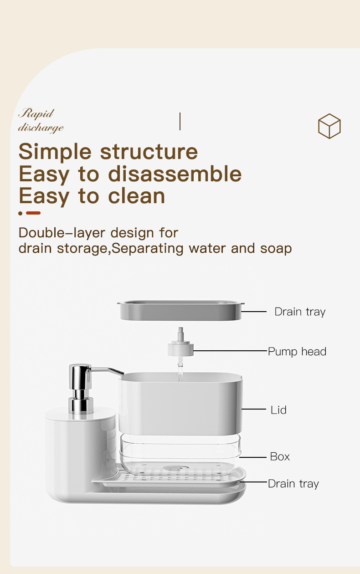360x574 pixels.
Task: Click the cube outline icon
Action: (x=329, y=126)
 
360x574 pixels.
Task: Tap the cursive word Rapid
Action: (x=36, y=114)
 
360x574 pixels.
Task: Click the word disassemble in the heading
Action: (x=175, y=174)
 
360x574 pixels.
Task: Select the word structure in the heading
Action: (x=149, y=151)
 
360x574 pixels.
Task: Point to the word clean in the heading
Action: (x=136, y=196)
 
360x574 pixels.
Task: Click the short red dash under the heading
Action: (x=33, y=213)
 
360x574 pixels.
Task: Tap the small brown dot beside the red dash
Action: (x=20, y=213)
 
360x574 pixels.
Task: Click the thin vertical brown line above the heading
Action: (x=180, y=122)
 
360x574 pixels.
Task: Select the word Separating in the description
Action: (x=148, y=249)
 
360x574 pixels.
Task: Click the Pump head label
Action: (x=297, y=352)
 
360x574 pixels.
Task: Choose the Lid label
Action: (x=278, y=410)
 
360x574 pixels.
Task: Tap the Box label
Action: (x=280, y=456)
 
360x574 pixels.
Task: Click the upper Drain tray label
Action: (x=300, y=312)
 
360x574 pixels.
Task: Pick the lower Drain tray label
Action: (x=293, y=484)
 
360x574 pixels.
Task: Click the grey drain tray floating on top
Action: (x=180, y=310)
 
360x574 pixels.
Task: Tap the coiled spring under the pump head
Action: (x=180, y=362)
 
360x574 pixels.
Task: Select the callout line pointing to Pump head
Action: (x=231, y=351)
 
